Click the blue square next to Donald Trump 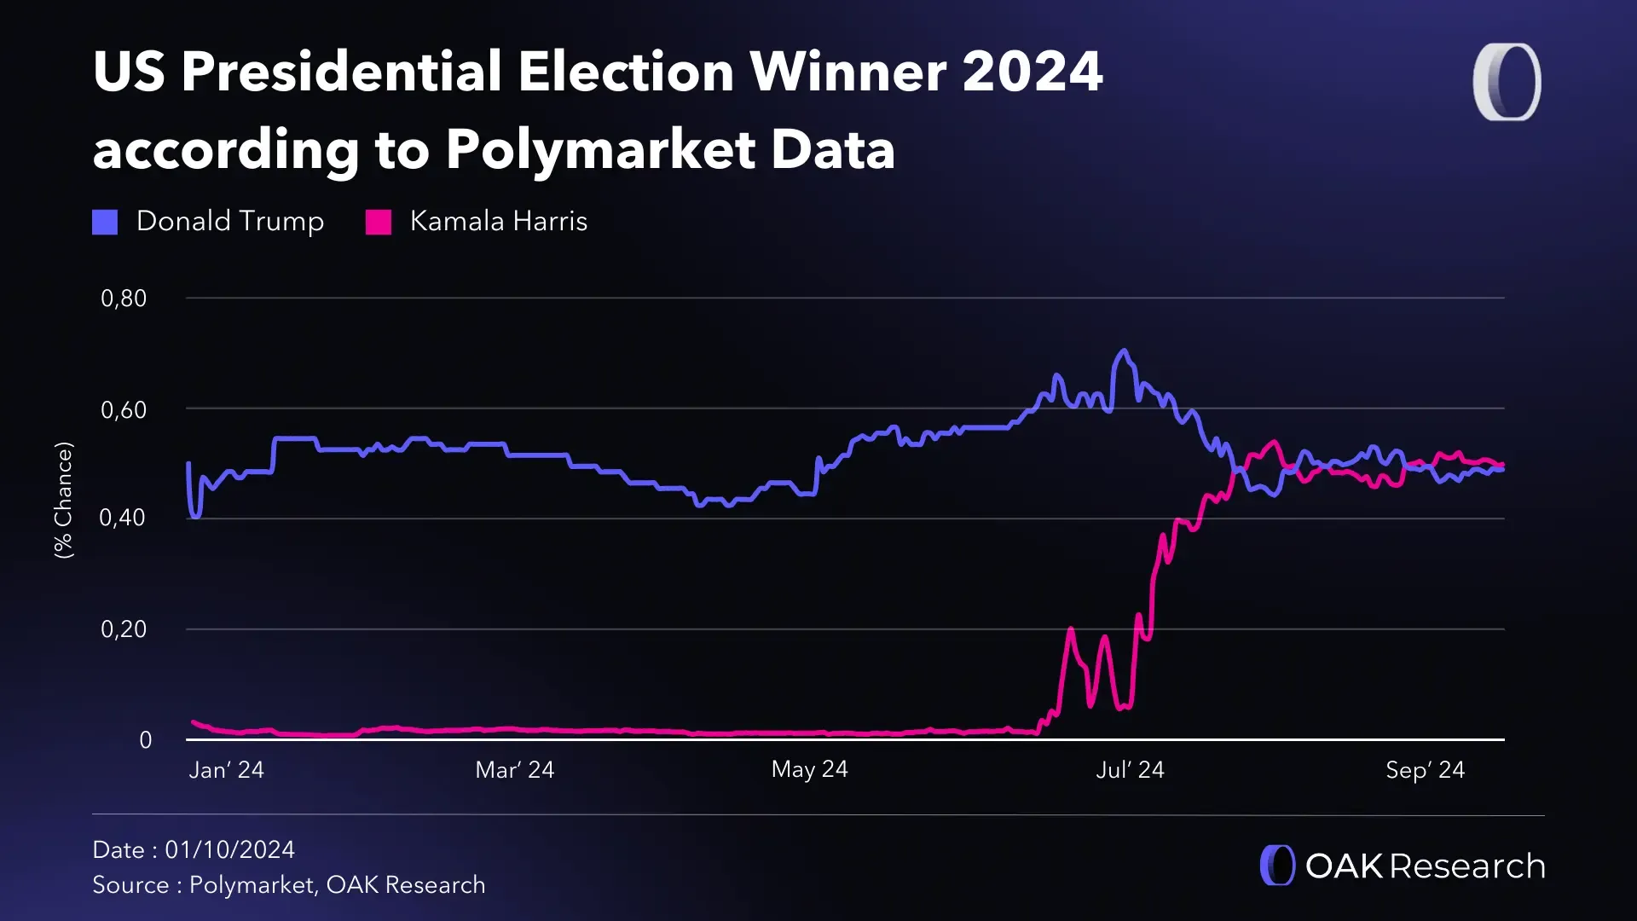coord(105,222)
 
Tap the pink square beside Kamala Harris coord(378,222)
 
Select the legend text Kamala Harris coord(498,221)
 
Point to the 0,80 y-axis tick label coord(124,298)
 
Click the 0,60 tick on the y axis coord(124,410)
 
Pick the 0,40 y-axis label coord(123,518)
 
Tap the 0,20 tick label coord(124,629)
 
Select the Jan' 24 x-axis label coord(226,770)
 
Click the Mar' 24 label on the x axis coord(514,770)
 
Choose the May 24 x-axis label coord(809,769)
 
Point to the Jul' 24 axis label coord(1130,770)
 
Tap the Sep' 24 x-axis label coord(1425,770)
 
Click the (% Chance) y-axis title coord(64,500)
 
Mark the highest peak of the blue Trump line coord(1123,350)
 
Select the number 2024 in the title coord(1033,71)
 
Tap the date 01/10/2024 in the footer coord(229,849)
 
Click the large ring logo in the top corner coord(1507,82)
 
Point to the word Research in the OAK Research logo coord(1466,866)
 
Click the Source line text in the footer coord(288,885)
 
